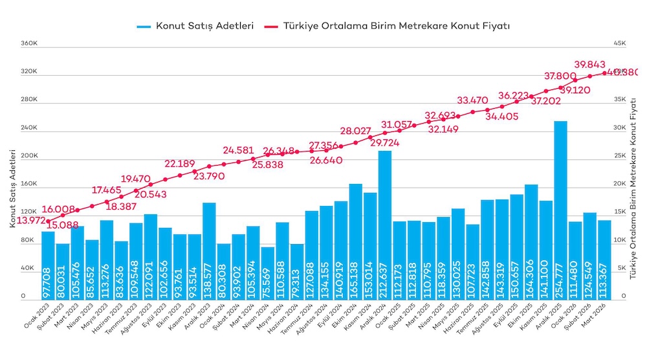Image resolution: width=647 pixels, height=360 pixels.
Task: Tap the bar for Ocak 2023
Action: pyautogui.click(x=48, y=265)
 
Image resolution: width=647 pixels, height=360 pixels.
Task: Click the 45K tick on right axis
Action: pyautogui.click(x=619, y=44)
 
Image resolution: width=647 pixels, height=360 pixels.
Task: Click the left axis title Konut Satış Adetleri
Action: pyautogui.click(x=12, y=188)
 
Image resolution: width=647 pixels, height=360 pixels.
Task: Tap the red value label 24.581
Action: pyautogui.click(x=238, y=151)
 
